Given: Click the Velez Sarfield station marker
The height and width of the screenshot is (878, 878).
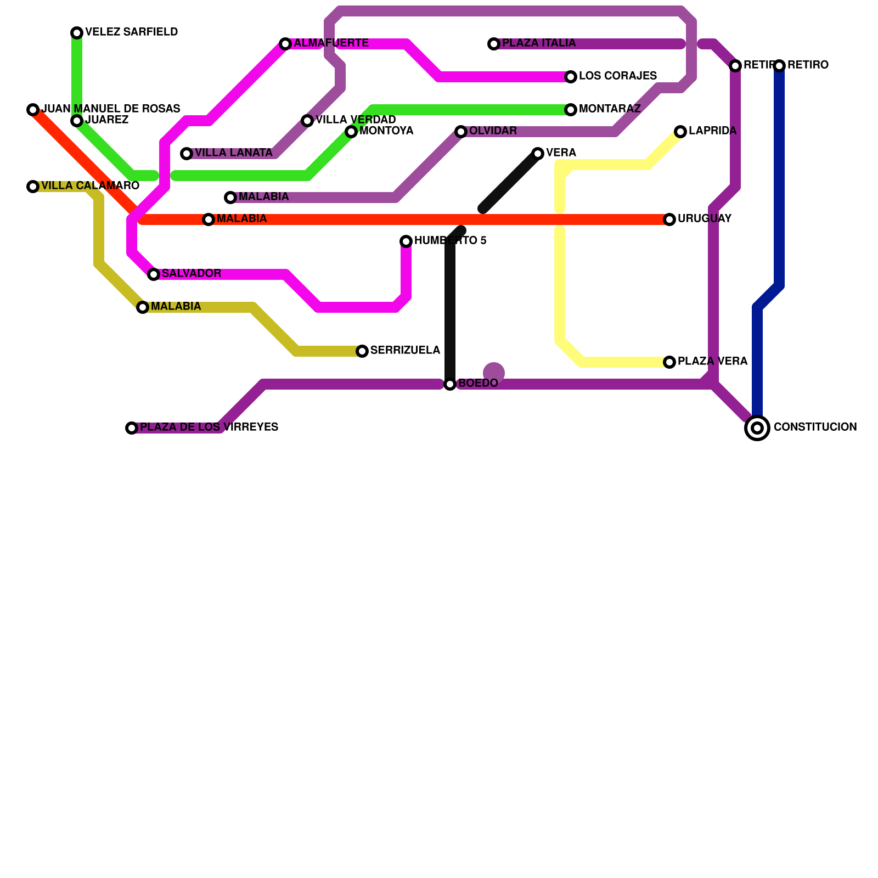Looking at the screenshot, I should click(x=77, y=33).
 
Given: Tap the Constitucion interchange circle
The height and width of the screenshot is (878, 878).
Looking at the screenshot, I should click(x=757, y=428).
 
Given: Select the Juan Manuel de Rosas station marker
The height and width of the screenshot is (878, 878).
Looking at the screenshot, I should click(x=33, y=110).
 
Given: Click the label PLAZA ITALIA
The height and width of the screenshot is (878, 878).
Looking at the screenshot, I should click(x=538, y=43).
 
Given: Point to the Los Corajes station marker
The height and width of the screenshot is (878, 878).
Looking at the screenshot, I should click(x=571, y=77).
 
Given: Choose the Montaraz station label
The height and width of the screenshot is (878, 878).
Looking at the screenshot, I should click(x=609, y=109).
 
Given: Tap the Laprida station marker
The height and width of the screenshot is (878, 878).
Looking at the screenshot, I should click(x=680, y=132).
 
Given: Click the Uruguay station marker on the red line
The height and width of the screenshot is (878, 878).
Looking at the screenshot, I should click(x=669, y=219).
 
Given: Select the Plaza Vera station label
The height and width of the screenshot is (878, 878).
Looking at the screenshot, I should click(x=712, y=362).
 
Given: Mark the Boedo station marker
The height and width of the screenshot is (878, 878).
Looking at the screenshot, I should click(x=450, y=384).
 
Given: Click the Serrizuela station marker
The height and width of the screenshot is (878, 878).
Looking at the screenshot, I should click(x=362, y=351).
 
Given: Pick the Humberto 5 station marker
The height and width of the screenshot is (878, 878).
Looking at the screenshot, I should click(x=406, y=241).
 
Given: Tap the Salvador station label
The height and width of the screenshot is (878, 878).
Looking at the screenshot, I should click(x=192, y=274).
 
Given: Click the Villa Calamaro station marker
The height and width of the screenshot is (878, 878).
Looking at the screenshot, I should click(x=33, y=187).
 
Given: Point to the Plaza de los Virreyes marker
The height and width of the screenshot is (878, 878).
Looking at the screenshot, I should click(x=132, y=428).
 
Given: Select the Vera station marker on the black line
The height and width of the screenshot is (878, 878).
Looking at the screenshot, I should click(x=538, y=154).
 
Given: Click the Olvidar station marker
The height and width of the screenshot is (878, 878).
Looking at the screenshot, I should click(x=461, y=132).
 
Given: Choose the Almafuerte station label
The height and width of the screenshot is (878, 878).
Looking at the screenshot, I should click(x=331, y=43).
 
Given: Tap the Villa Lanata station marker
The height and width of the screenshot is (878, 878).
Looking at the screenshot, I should click(x=187, y=154).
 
